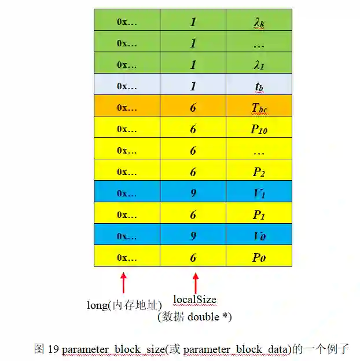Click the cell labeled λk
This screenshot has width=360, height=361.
(x=259, y=21)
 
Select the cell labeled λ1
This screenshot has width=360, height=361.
(x=259, y=65)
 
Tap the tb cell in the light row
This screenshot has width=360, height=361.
(x=259, y=86)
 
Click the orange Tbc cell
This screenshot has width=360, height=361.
(x=259, y=108)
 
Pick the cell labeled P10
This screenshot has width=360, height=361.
(x=259, y=129)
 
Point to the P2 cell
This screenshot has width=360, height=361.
(x=259, y=172)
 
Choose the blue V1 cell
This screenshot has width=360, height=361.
(x=259, y=194)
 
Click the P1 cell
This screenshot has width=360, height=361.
(x=259, y=215)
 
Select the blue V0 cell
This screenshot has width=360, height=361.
(x=259, y=236)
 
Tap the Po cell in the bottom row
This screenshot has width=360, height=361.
(x=259, y=258)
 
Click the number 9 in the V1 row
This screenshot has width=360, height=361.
(x=193, y=194)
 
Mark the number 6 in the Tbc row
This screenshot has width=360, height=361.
(x=193, y=108)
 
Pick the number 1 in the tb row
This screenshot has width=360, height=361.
(x=193, y=86)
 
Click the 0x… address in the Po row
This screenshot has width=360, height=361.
(x=127, y=258)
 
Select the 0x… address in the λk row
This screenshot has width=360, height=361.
(x=127, y=21)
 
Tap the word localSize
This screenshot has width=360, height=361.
(x=194, y=300)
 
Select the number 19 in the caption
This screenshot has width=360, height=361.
(x=53, y=349)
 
